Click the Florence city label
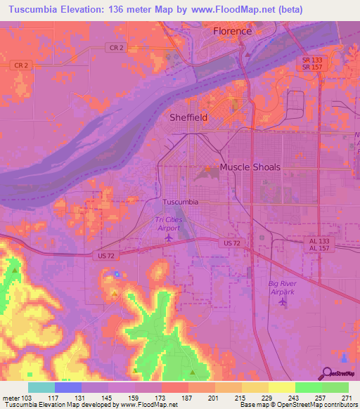point(232,31)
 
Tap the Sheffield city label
point(188,118)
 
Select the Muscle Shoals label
point(250,167)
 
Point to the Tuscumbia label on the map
point(181,202)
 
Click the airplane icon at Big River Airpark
point(283,302)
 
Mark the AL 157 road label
point(323,249)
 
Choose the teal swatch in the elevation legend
point(41,387)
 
